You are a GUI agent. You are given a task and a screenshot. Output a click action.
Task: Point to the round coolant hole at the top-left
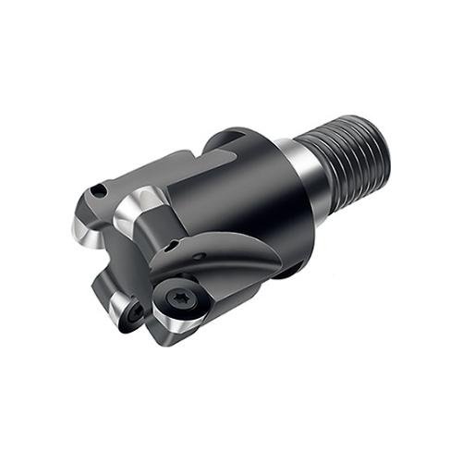coord(100,192)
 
